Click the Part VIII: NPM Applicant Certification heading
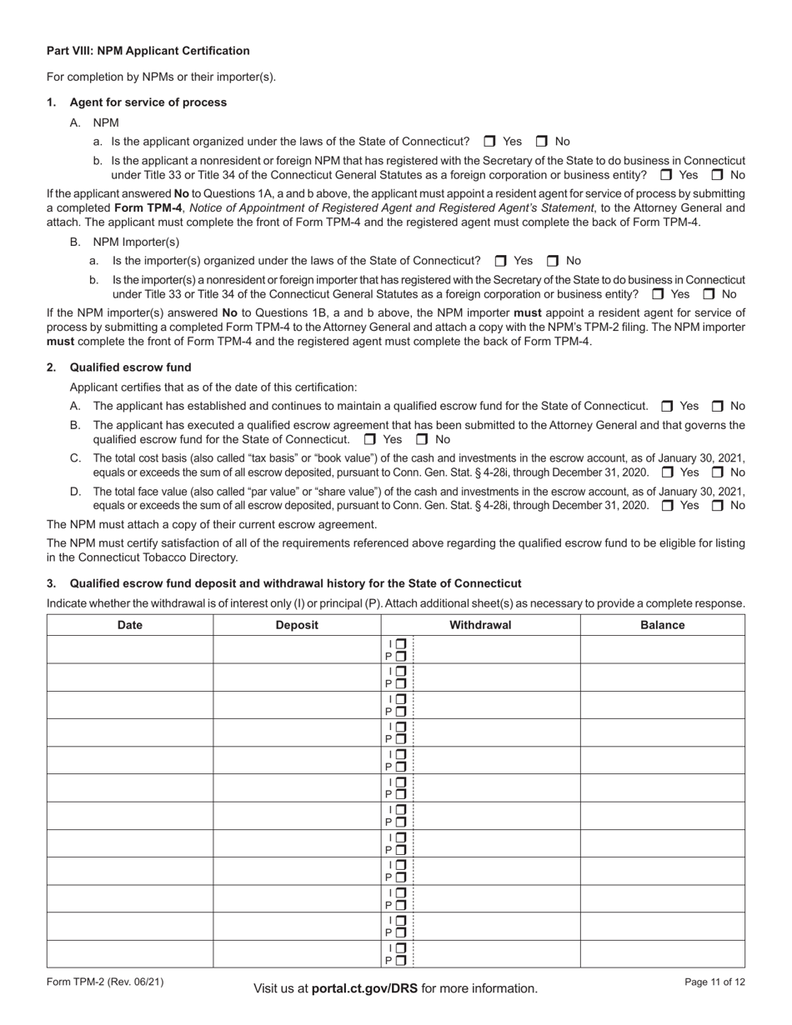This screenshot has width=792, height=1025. [x=148, y=51]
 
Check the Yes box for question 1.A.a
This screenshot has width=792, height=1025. [x=489, y=142]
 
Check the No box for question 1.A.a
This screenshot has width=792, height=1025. [x=541, y=142]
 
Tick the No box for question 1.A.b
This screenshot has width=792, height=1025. [x=717, y=175]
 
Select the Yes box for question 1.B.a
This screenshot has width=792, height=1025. [x=500, y=261]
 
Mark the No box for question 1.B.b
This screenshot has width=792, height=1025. [x=709, y=294]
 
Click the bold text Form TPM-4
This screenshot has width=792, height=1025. [x=148, y=207]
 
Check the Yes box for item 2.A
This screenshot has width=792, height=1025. [x=667, y=406]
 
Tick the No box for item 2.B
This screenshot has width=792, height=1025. [x=422, y=439]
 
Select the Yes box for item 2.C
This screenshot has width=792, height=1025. [x=667, y=472]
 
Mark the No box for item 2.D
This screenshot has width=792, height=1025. [x=717, y=506]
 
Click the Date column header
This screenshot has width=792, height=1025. [x=130, y=625]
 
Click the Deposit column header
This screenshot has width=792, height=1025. [x=297, y=625]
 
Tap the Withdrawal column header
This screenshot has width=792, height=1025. [x=480, y=625]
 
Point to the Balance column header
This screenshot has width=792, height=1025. [x=663, y=625]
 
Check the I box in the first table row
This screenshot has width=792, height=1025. [x=401, y=643]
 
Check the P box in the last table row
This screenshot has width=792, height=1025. [x=401, y=960]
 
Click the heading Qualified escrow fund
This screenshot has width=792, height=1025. [x=130, y=367]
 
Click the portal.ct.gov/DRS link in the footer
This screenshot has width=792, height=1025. [x=364, y=988]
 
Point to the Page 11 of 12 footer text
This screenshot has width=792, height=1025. [x=714, y=982]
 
